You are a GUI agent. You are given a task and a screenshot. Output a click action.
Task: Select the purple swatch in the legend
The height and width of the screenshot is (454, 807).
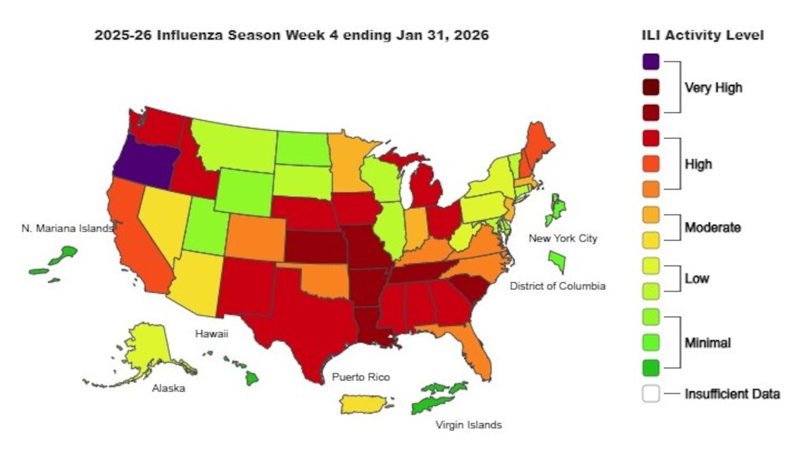pos(651,62)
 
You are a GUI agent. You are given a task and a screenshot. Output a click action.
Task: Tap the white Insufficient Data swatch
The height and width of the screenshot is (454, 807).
pos(651,393)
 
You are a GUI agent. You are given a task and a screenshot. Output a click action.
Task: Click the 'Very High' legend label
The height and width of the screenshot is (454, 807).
pos(713,88)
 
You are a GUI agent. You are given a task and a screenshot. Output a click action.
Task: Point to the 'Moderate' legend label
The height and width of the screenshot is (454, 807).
pos(712,228)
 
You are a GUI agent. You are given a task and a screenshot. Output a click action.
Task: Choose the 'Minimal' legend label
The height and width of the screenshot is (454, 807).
pos(707,343)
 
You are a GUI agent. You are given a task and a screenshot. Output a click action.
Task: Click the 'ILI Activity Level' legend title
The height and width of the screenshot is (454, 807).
pos(702,35)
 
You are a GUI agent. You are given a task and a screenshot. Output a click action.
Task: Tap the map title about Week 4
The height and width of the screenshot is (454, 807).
pos(292,35)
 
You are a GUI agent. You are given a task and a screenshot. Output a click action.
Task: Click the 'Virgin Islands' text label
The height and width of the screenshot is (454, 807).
pos(468,425)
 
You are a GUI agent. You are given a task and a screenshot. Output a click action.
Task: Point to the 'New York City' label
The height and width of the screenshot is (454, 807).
pos(562,238)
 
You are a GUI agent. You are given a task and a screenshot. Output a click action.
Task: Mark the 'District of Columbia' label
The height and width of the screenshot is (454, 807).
pos(557,286)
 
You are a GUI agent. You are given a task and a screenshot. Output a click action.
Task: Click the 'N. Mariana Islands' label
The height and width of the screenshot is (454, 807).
pos(67,229)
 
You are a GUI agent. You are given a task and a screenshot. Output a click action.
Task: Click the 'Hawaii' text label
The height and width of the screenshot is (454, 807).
pos(211,334)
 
